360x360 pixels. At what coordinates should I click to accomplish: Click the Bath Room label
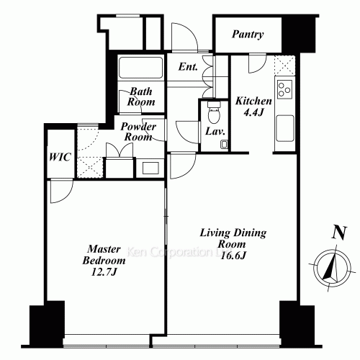click(x=142, y=96)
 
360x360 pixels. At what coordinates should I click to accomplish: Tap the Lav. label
click(x=214, y=132)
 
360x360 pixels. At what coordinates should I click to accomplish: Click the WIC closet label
click(x=60, y=157)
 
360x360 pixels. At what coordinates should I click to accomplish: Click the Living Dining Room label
click(x=232, y=238)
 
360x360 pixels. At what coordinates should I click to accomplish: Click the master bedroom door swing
click(x=60, y=189)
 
